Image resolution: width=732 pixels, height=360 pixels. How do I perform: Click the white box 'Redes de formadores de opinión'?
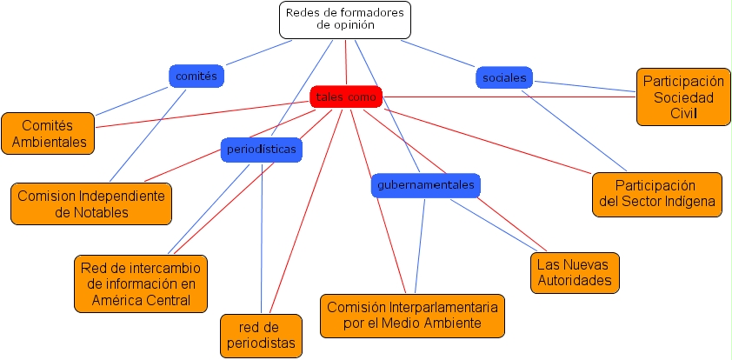(345, 19)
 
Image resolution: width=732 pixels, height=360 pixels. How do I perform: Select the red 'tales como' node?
(346, 97)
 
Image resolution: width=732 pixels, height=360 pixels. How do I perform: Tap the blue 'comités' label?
(196, 77)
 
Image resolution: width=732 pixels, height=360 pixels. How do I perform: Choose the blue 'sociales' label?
(504, 78)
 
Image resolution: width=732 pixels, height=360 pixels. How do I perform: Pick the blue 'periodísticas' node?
(262, 149)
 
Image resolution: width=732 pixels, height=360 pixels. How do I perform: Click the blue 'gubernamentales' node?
(425, 185)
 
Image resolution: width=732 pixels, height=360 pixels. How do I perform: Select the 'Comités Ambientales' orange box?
(50, 133)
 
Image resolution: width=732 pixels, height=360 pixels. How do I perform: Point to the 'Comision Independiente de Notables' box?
(91, 203)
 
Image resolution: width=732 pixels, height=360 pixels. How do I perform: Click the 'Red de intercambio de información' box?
(141, 283)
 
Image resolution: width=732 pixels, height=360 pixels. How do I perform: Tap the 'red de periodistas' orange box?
(261, 336)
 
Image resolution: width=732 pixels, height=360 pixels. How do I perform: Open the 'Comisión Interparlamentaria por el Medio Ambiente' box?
(412, 316)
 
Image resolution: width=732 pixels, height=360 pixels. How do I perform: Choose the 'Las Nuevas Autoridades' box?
(574, 272)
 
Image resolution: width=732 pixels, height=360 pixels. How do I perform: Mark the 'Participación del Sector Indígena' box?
(656, 194)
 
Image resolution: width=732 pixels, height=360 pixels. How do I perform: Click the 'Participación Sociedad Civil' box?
(683, 97)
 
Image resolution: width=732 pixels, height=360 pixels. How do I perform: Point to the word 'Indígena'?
(686, 202)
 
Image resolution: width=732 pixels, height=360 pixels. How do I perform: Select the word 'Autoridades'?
(574, 281)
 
